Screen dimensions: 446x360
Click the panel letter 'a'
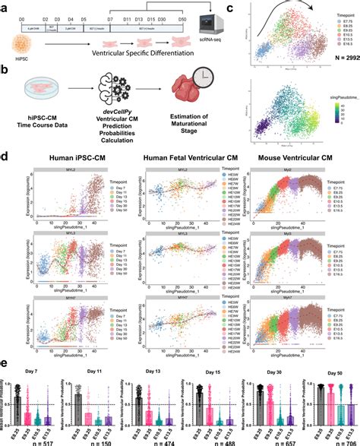5,6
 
